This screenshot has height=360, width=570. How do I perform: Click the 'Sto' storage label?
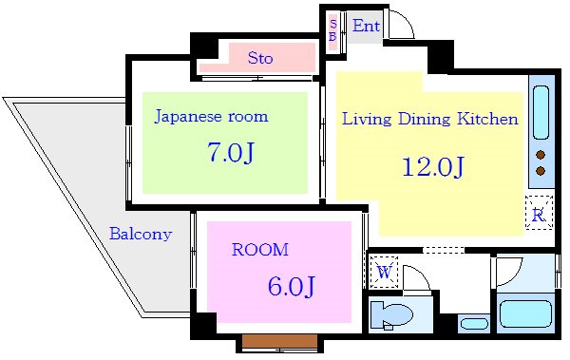[x=259, y=58]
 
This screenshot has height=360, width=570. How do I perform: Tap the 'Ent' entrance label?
[x=366, y=26]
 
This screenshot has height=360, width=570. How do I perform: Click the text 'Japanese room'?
[x=211, y=117]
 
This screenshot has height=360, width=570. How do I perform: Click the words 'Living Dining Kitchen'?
[x=429, y=119]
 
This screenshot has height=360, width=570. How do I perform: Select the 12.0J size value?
[x=432, y=167]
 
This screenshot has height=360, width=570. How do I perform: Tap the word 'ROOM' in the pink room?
[x=259, y=250]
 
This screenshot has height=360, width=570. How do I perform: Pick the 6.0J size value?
[x=291, y=284]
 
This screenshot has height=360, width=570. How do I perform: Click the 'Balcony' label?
[x=140, y=234]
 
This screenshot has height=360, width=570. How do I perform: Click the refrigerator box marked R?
[x=538, y=214]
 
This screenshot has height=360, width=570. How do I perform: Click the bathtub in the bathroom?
[x=525, y=313]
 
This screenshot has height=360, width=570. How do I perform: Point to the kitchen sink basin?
[x=541, y=112]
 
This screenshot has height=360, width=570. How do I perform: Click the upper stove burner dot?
[x=541, y=154]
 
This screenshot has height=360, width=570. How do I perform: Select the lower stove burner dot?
[x=541, y=171]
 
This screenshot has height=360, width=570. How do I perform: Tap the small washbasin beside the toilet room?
[x=473, y=323]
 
